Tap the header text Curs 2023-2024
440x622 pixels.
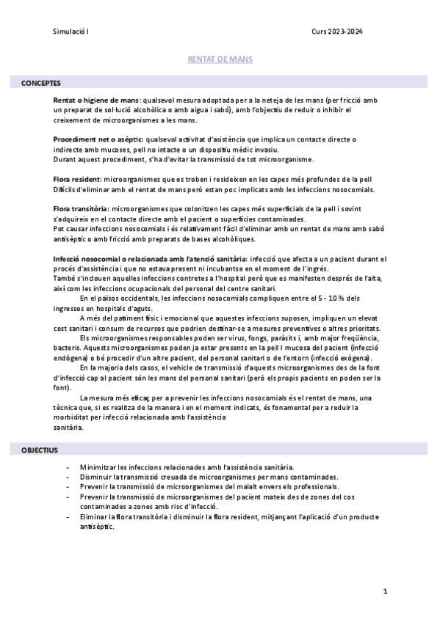tap(337, 32)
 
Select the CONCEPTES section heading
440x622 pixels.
tap(41, 84)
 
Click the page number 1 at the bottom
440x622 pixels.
tap(385, 591)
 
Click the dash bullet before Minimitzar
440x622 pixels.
tap(68, 467)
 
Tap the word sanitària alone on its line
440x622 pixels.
tap(69, 427)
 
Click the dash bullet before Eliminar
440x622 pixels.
tap(68, 516)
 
